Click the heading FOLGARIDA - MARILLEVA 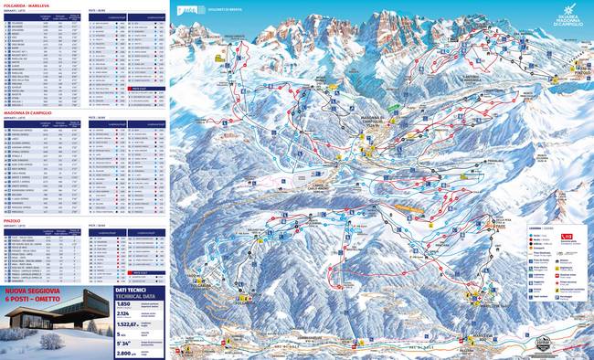(27, 5)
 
